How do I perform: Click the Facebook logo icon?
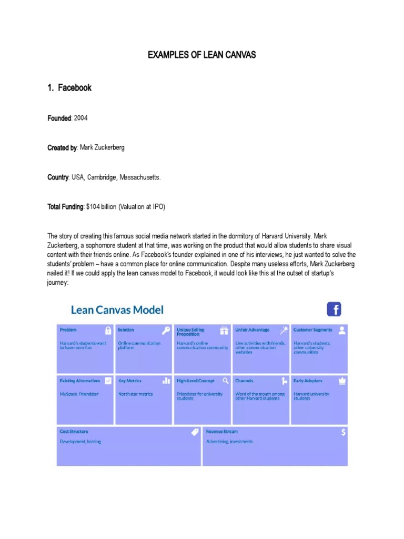[x=334, y=309]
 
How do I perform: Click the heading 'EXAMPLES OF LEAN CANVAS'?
[x=202, y=55]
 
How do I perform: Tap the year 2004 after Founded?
[x=81, y=118]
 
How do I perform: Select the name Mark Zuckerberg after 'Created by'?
[x=102, y=148]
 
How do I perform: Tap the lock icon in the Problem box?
[x=108, y=331]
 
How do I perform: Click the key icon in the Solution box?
[x=166, y=331]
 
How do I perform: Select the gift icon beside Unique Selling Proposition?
[x=225, y=331]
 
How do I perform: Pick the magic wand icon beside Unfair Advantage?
[x=284, y=331]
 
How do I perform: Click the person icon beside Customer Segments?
[x=342, y=330]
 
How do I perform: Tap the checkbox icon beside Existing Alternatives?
[x=108, y=381]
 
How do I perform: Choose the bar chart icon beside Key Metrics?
[x=166, y=381]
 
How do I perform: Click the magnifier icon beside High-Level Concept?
[x=225, y=381]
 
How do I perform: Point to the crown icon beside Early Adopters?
[x=342, y=381]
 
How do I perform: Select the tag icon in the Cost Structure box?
[x=195, y=432]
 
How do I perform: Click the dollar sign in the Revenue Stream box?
[x=343, y=432]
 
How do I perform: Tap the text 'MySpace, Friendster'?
[x=79, y=394]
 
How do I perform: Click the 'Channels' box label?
[x=244, y=381]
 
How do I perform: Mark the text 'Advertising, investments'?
[x=229, y=442]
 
